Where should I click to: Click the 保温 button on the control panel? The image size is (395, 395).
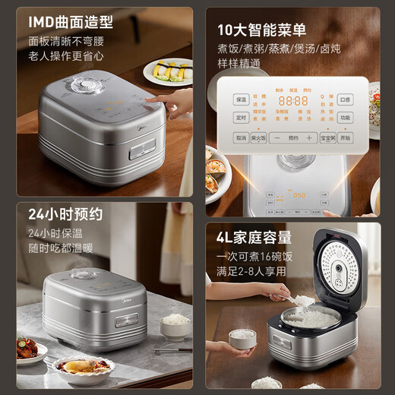(x=241, y=100)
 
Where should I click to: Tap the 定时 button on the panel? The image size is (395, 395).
(x=241, y=118)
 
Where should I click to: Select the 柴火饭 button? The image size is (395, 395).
(x=259, y=138)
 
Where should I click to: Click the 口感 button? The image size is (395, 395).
(x=346, y=100)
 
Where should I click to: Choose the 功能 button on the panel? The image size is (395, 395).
(x=346, y=118)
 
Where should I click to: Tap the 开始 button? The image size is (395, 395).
(x=346, y=138)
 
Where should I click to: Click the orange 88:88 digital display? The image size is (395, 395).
(x=292, y=100)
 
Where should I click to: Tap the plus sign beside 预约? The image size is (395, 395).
(x=310, y=138)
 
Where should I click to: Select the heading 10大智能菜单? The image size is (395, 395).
(x=261, y=30)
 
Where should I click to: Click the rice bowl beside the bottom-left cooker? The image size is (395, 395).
(x=176, y=324)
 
